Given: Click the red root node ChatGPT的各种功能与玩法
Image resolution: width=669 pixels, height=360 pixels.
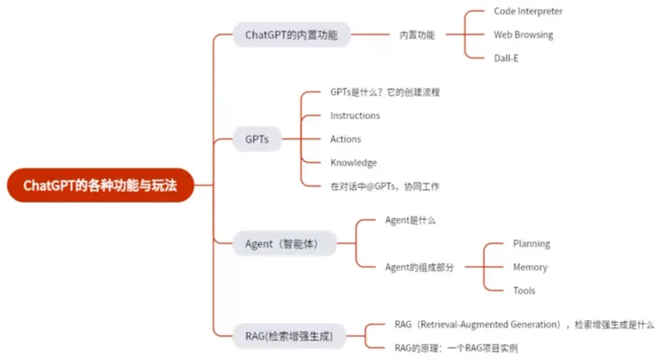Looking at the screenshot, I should [100, 185].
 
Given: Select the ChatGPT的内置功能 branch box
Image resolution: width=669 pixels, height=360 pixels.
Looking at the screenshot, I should [291, 35].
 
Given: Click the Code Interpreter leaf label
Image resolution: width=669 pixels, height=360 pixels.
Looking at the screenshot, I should [528, 12].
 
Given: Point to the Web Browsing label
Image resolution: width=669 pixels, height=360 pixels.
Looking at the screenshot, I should [523, 35].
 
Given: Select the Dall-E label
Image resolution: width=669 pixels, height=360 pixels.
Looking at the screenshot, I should [506, 59].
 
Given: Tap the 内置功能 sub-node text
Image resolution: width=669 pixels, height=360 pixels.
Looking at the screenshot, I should [417, 35].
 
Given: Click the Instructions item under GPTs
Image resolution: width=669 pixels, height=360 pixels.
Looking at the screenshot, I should [355, 116].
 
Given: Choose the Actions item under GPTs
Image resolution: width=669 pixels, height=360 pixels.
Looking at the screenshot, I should [345, 139].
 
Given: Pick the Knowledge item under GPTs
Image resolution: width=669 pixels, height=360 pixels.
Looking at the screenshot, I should [353, 163].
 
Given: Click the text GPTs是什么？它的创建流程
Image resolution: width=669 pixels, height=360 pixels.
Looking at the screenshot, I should [385, 92].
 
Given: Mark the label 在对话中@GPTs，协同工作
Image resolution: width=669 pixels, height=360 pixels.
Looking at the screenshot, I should [385, 186].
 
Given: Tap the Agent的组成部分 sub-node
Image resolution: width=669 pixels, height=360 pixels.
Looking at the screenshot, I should [419, 267].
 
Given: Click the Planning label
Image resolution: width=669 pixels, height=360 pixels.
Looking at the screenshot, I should [532, 244].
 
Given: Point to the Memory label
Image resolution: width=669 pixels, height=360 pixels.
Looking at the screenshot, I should [530, 268].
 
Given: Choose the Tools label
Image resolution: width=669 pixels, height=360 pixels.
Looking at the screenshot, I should [524, 291].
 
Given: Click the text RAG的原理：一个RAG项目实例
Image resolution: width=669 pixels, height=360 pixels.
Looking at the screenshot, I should [457, 347].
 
